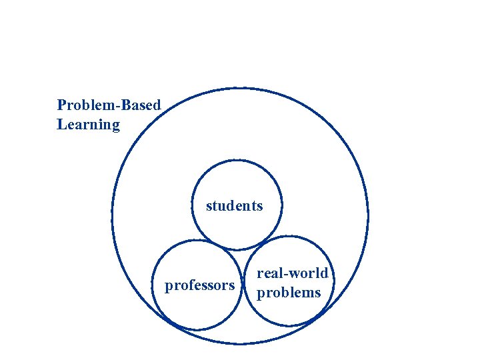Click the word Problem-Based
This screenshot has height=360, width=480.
click(109, 105)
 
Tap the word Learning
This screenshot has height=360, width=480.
click(88, 125)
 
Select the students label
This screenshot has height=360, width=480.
click(235, 206)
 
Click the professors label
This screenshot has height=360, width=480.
click(199, 286)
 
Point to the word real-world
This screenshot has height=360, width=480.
click(293, 273)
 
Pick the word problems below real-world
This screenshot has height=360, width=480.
click(289, 293)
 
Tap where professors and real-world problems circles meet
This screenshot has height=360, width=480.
click(242, 287)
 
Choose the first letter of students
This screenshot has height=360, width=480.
click(209, 207)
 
